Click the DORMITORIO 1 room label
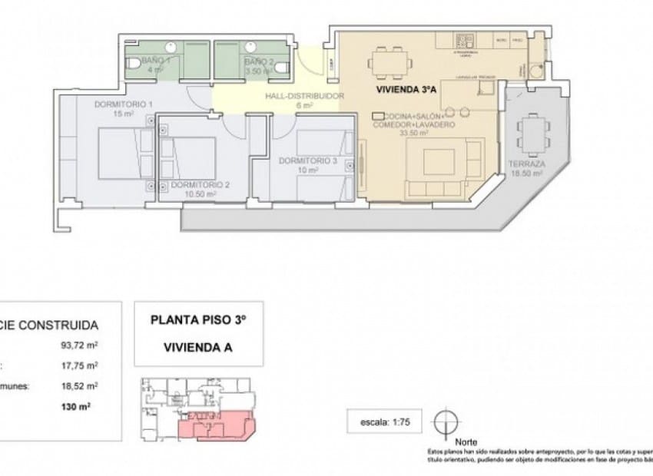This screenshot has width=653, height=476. tap(124, 104)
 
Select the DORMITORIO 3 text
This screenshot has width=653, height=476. tap(307, 161)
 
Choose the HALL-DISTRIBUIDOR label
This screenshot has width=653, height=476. tap(303, 97)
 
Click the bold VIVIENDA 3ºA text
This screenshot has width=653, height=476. tap(406, 90)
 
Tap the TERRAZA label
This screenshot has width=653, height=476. tap(526, 165)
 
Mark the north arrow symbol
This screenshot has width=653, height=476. tap(446, 423)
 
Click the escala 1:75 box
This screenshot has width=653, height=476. tap(383, 421)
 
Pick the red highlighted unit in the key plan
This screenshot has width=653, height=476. tap(214, 425)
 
